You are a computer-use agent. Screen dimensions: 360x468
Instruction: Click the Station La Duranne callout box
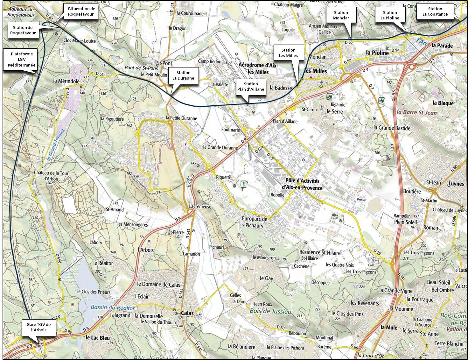coord(183,75)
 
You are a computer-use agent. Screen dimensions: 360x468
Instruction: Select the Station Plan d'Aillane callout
coord(251,86)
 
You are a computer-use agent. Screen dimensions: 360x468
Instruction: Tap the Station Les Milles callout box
coord(288,53)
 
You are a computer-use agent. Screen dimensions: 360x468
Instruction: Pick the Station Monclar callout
coord(341,15)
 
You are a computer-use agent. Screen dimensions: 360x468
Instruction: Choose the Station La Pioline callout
coord(390,15)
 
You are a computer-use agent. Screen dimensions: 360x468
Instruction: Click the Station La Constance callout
coord(435,11)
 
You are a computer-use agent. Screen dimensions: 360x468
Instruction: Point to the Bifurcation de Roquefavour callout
coord(81,11)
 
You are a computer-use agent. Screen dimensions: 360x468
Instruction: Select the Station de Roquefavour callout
coord(23,30)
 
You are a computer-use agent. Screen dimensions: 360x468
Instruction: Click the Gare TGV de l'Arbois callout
coord(38,327)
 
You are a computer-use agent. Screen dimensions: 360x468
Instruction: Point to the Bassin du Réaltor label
coord(113,307)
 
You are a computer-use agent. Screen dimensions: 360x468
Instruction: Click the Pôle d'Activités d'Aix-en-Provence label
coord(302,184)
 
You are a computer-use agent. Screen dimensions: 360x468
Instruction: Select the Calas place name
coord(187,313)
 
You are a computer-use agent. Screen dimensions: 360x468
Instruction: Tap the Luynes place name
coord(456,184)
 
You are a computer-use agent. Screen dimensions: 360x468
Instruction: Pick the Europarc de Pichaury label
coord(255,222)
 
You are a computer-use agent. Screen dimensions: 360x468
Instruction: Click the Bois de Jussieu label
coord(270,311)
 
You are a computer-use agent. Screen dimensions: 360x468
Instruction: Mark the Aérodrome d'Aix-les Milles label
coord(258,68)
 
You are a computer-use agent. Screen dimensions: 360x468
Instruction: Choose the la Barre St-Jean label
coord(416,112)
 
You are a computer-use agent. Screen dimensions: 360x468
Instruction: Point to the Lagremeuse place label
coord(200,207)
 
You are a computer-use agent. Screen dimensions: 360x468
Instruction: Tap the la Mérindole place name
coord(66,81)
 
